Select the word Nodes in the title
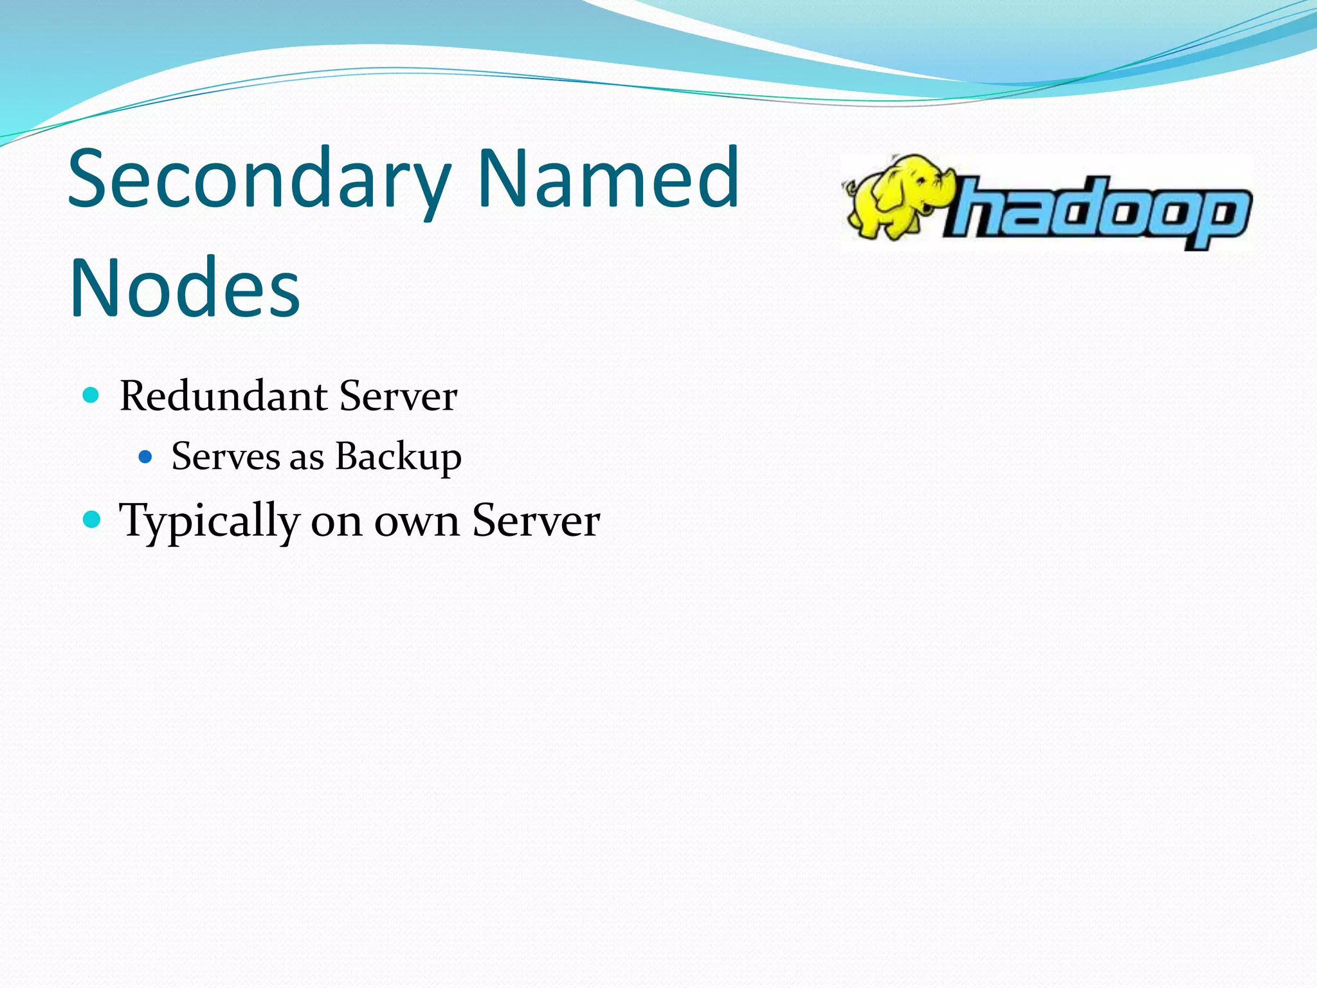pyautogui.click(x=185, y=287)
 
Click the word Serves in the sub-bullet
pyautogui.click(x=225, y=457)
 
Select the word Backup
pyautogui.click(x=398, y=458)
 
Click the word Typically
pyautogui.click(x=209, y=521)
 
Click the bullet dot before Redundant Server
pyautogui.click(x=91, y=395)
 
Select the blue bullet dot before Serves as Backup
pyautogui.click(x=145, y=457)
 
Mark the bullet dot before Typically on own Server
pyautogui.click(x=92, y=519)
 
